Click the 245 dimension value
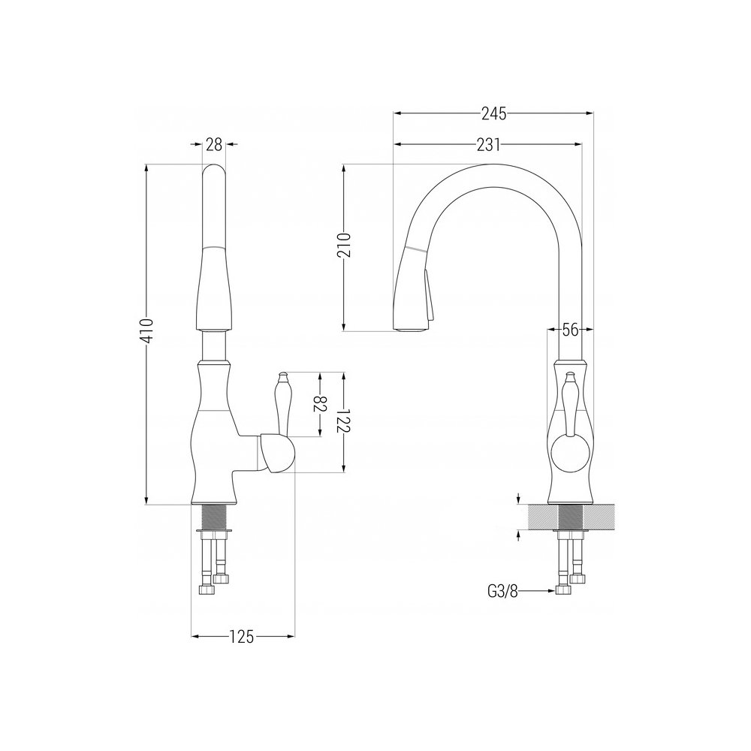pos(494,114)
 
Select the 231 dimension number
pos(488,144)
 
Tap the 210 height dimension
pos(345,246)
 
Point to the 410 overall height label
pos(147,330)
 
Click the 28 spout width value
pos(214,144)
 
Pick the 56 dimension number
pos(570,330)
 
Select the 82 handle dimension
pos(320,403)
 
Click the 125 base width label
pos(241,637)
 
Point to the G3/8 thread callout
pos(503,592)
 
